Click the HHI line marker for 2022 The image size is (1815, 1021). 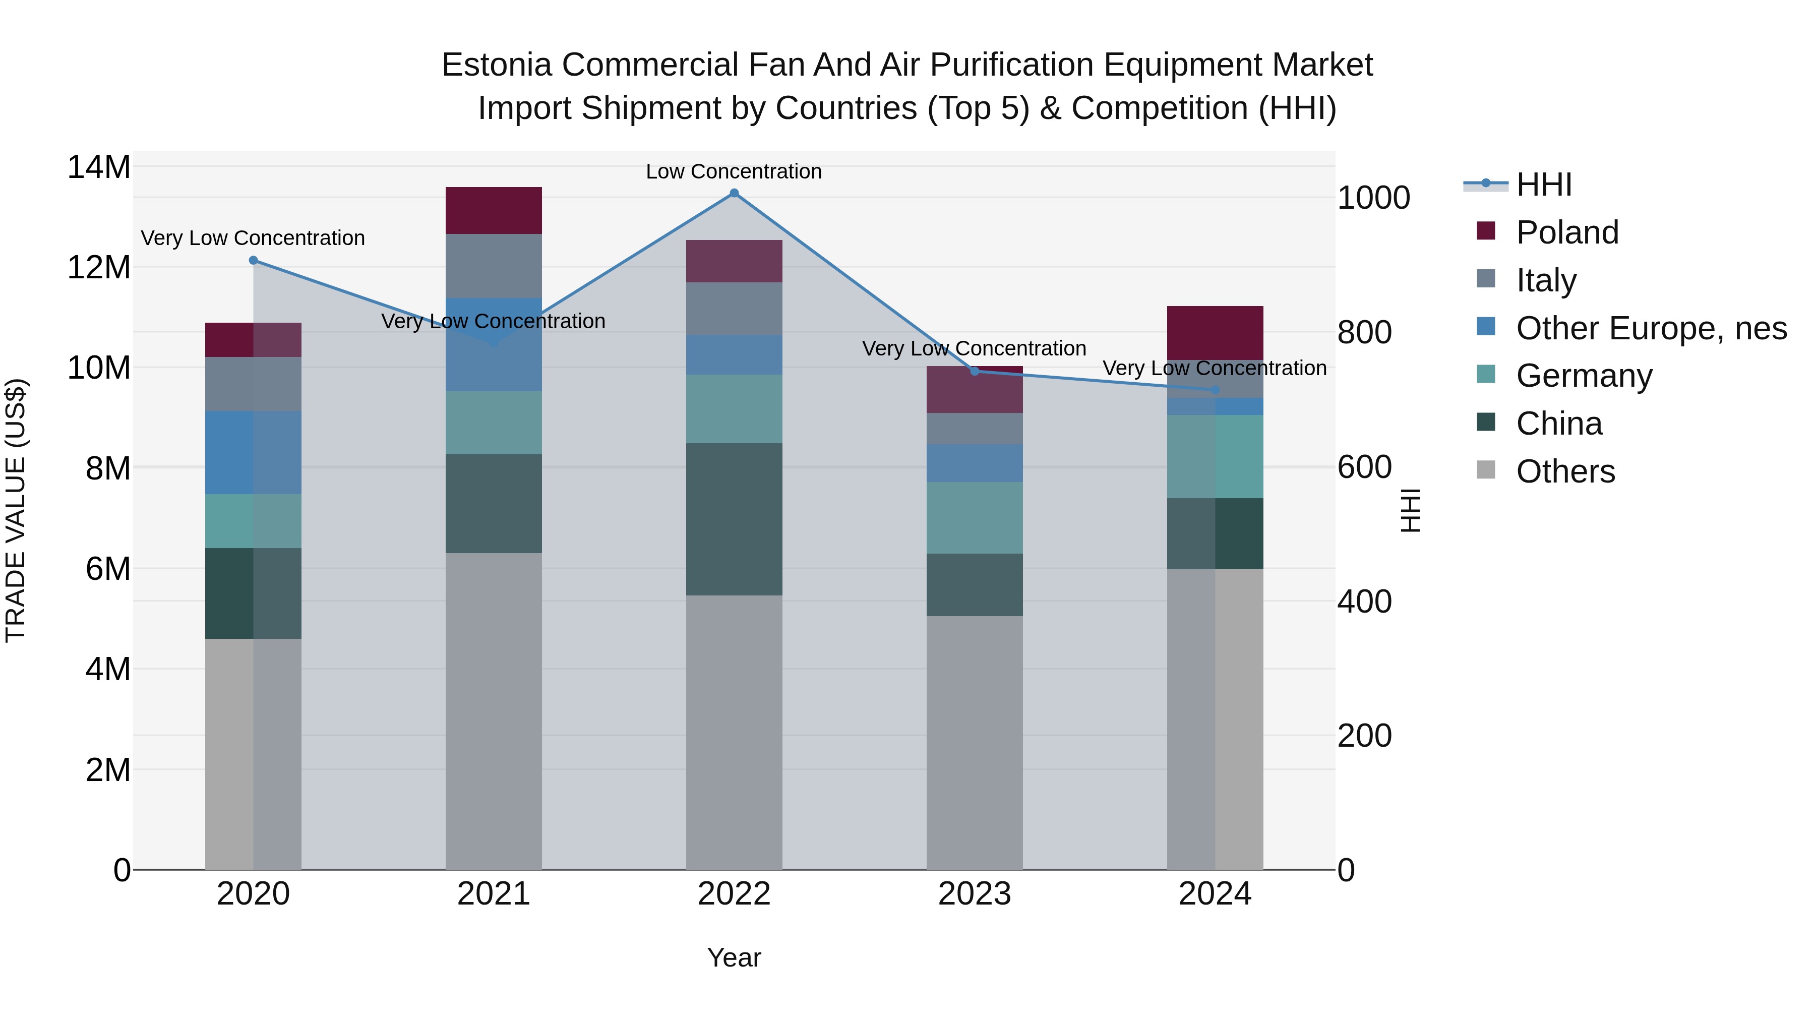[x=734, y=193]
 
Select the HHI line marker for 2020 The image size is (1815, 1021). [x=254, y=261]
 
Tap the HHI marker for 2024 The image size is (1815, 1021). [x=1215, y=390]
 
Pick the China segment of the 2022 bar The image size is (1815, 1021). [x=734, y=519]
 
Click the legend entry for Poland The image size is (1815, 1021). [x=1567, y=232]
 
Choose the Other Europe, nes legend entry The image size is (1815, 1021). [x=1651, y=328]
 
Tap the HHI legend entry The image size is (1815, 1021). [x=1543, y=185]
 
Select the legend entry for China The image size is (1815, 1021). [x=1558, y=424]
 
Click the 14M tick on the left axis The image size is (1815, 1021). [x=99, y=168]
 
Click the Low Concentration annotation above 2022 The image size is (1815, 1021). [x=734, y=171]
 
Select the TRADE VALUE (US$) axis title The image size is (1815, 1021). [x=16, y=510]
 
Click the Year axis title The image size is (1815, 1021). [x=734, y=957]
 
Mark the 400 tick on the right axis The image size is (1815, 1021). [x=1364, y=602]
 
